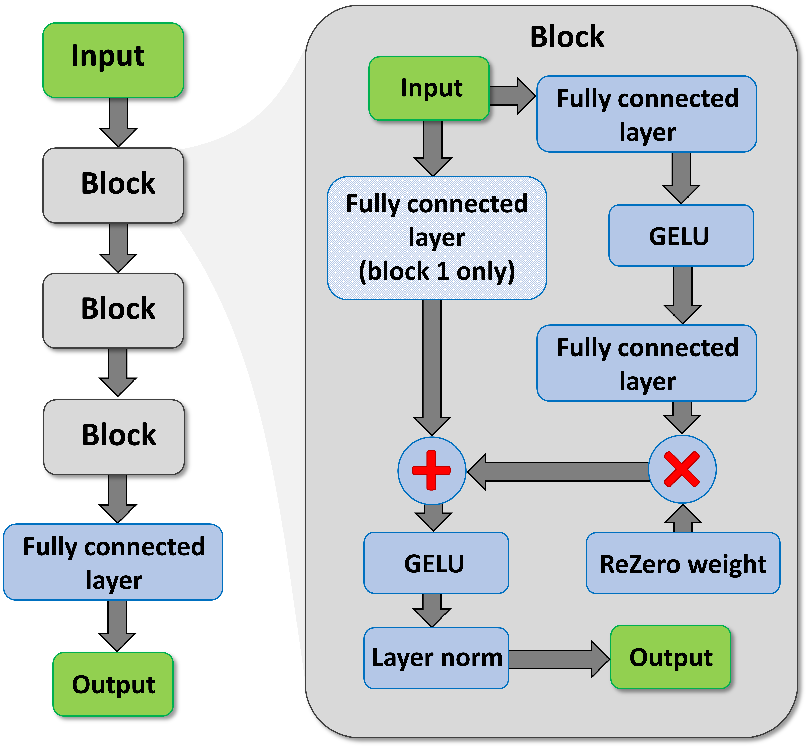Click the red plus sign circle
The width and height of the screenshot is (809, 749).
(x=432, y=471)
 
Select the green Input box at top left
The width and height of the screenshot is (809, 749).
(x=113, y=60)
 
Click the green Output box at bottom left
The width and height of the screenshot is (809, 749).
(x=113, y=685)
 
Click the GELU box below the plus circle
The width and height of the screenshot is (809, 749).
(x=436, y=563)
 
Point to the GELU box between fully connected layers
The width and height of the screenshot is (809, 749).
(x=681, y=235)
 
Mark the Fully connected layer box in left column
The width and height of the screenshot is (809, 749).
(x=113, y=562)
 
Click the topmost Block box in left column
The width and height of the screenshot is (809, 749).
(x=113, y=185)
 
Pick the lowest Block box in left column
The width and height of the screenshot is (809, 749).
(x=114, y=437)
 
